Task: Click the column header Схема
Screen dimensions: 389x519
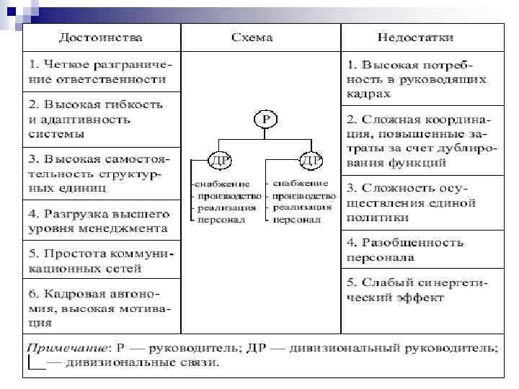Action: point(252,37)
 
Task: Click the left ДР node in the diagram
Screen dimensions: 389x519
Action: point(218,158)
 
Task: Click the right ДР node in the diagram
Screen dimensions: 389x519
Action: point(311,158)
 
